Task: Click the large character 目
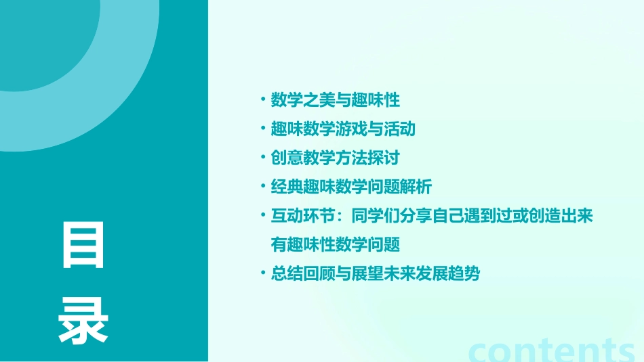[x=83, y=244]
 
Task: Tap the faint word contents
[x=551, y=350]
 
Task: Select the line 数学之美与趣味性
[x=336, y=100]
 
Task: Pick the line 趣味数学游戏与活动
[x=343, y=129]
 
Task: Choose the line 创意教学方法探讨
[x=336, y=158]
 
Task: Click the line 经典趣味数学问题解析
[x=350, y=187]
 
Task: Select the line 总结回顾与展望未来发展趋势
[x=375, y=274]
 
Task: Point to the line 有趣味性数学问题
[x=336, y=244]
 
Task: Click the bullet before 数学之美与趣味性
[x=263, y=100]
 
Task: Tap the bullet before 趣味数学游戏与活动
[x=263, y=129]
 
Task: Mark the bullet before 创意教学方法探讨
[x=263, y=158]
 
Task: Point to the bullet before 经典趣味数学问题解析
[x=263, y=187]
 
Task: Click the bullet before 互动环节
[x=263, y=216]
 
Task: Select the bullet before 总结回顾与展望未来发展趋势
[x=263, y=274]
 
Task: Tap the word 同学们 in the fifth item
[x=375, y=216]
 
